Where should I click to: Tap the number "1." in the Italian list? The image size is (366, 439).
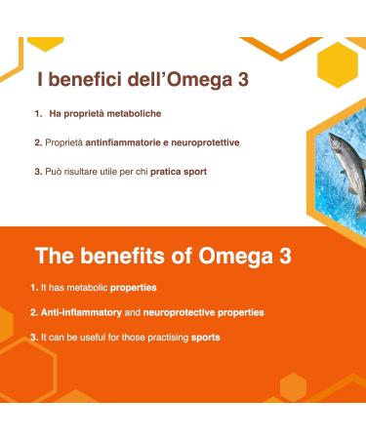(x=39, y=115)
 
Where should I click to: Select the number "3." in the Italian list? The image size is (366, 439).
(x=38, y=171)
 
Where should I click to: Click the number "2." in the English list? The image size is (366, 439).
(x=34, y=312)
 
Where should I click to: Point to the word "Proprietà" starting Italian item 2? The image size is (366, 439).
(x=62, y=142)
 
